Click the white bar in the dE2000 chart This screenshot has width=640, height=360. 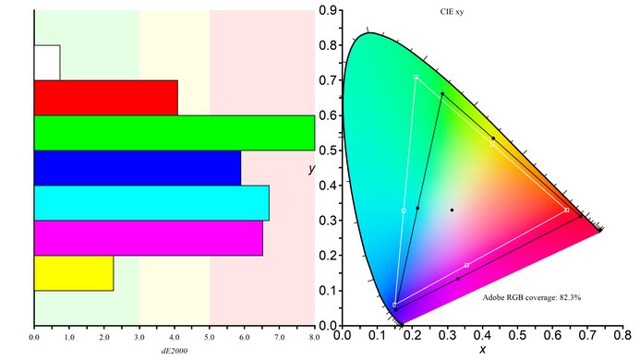[47, 62]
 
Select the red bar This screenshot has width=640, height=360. [105, 97]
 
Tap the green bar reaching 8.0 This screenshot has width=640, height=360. [174, 132]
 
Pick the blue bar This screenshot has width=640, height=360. [137, 167]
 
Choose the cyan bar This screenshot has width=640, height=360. [151, 203]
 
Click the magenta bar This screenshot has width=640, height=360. [148, 238]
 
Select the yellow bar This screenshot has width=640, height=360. [74, 273]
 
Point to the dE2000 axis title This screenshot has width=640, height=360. [174, 352]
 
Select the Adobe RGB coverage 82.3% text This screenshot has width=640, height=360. [532, 298]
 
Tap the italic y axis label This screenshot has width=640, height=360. [311, 169]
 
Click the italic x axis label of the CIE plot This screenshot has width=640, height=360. [482, 351]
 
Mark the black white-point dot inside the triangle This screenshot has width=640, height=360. [452, 210]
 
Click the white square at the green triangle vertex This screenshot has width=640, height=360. [417, 77]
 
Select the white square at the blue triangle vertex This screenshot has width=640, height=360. [395, 305]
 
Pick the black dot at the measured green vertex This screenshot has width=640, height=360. [442, 94]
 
